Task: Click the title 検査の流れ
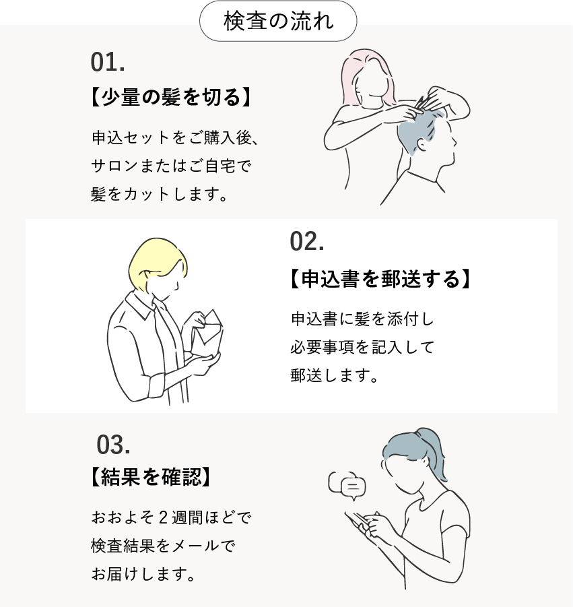tap(278, 21)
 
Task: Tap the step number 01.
tap(108, 63)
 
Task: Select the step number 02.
tap(307, 242)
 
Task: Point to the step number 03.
tap(113, 445)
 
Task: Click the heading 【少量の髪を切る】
tap(170, 97)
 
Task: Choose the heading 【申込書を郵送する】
tap(380, 279)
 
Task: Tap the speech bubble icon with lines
tap(352, 486)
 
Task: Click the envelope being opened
tap(208, 329)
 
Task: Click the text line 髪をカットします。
tap(160, 194)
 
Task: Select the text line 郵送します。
tap(334, 375)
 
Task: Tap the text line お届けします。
tap(143, 574)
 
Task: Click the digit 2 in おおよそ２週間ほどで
tap(163, 517)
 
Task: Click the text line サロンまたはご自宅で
tap(172, 166)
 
